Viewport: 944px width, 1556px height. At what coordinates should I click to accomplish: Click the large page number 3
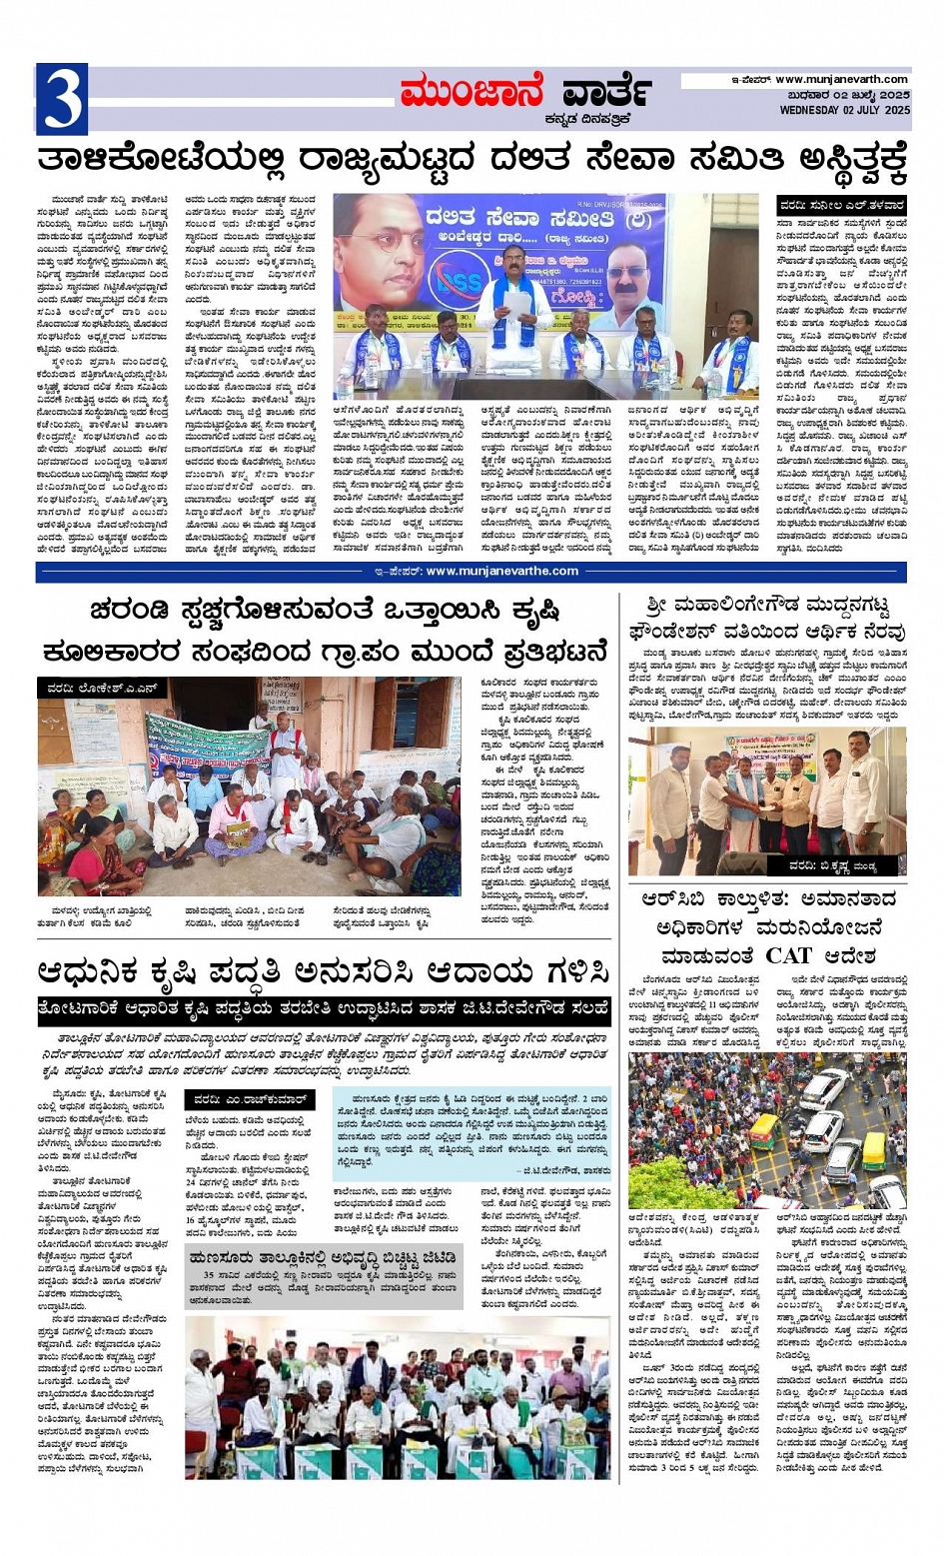point(61,100)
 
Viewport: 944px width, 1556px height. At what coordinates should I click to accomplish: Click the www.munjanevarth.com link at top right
point(841,80)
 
